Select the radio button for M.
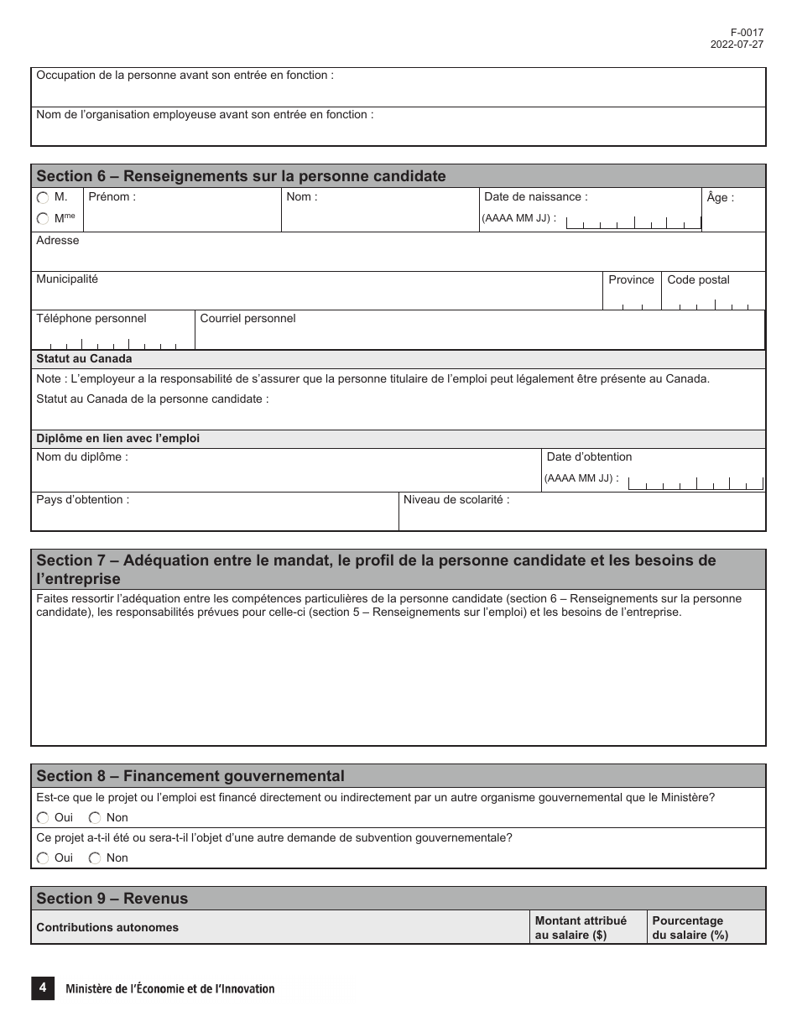43,198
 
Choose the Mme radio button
43,218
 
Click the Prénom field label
111,197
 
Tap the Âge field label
720,198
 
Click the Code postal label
698,280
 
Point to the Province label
631,280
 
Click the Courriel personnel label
247,319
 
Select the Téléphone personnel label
91,319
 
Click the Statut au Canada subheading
84,359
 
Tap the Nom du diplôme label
82,457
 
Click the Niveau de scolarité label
456,500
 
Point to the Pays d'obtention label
82,500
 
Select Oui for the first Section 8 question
43,818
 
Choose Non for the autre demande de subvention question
95,858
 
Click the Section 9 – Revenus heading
112,899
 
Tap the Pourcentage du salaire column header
690,928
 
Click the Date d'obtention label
589,457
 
